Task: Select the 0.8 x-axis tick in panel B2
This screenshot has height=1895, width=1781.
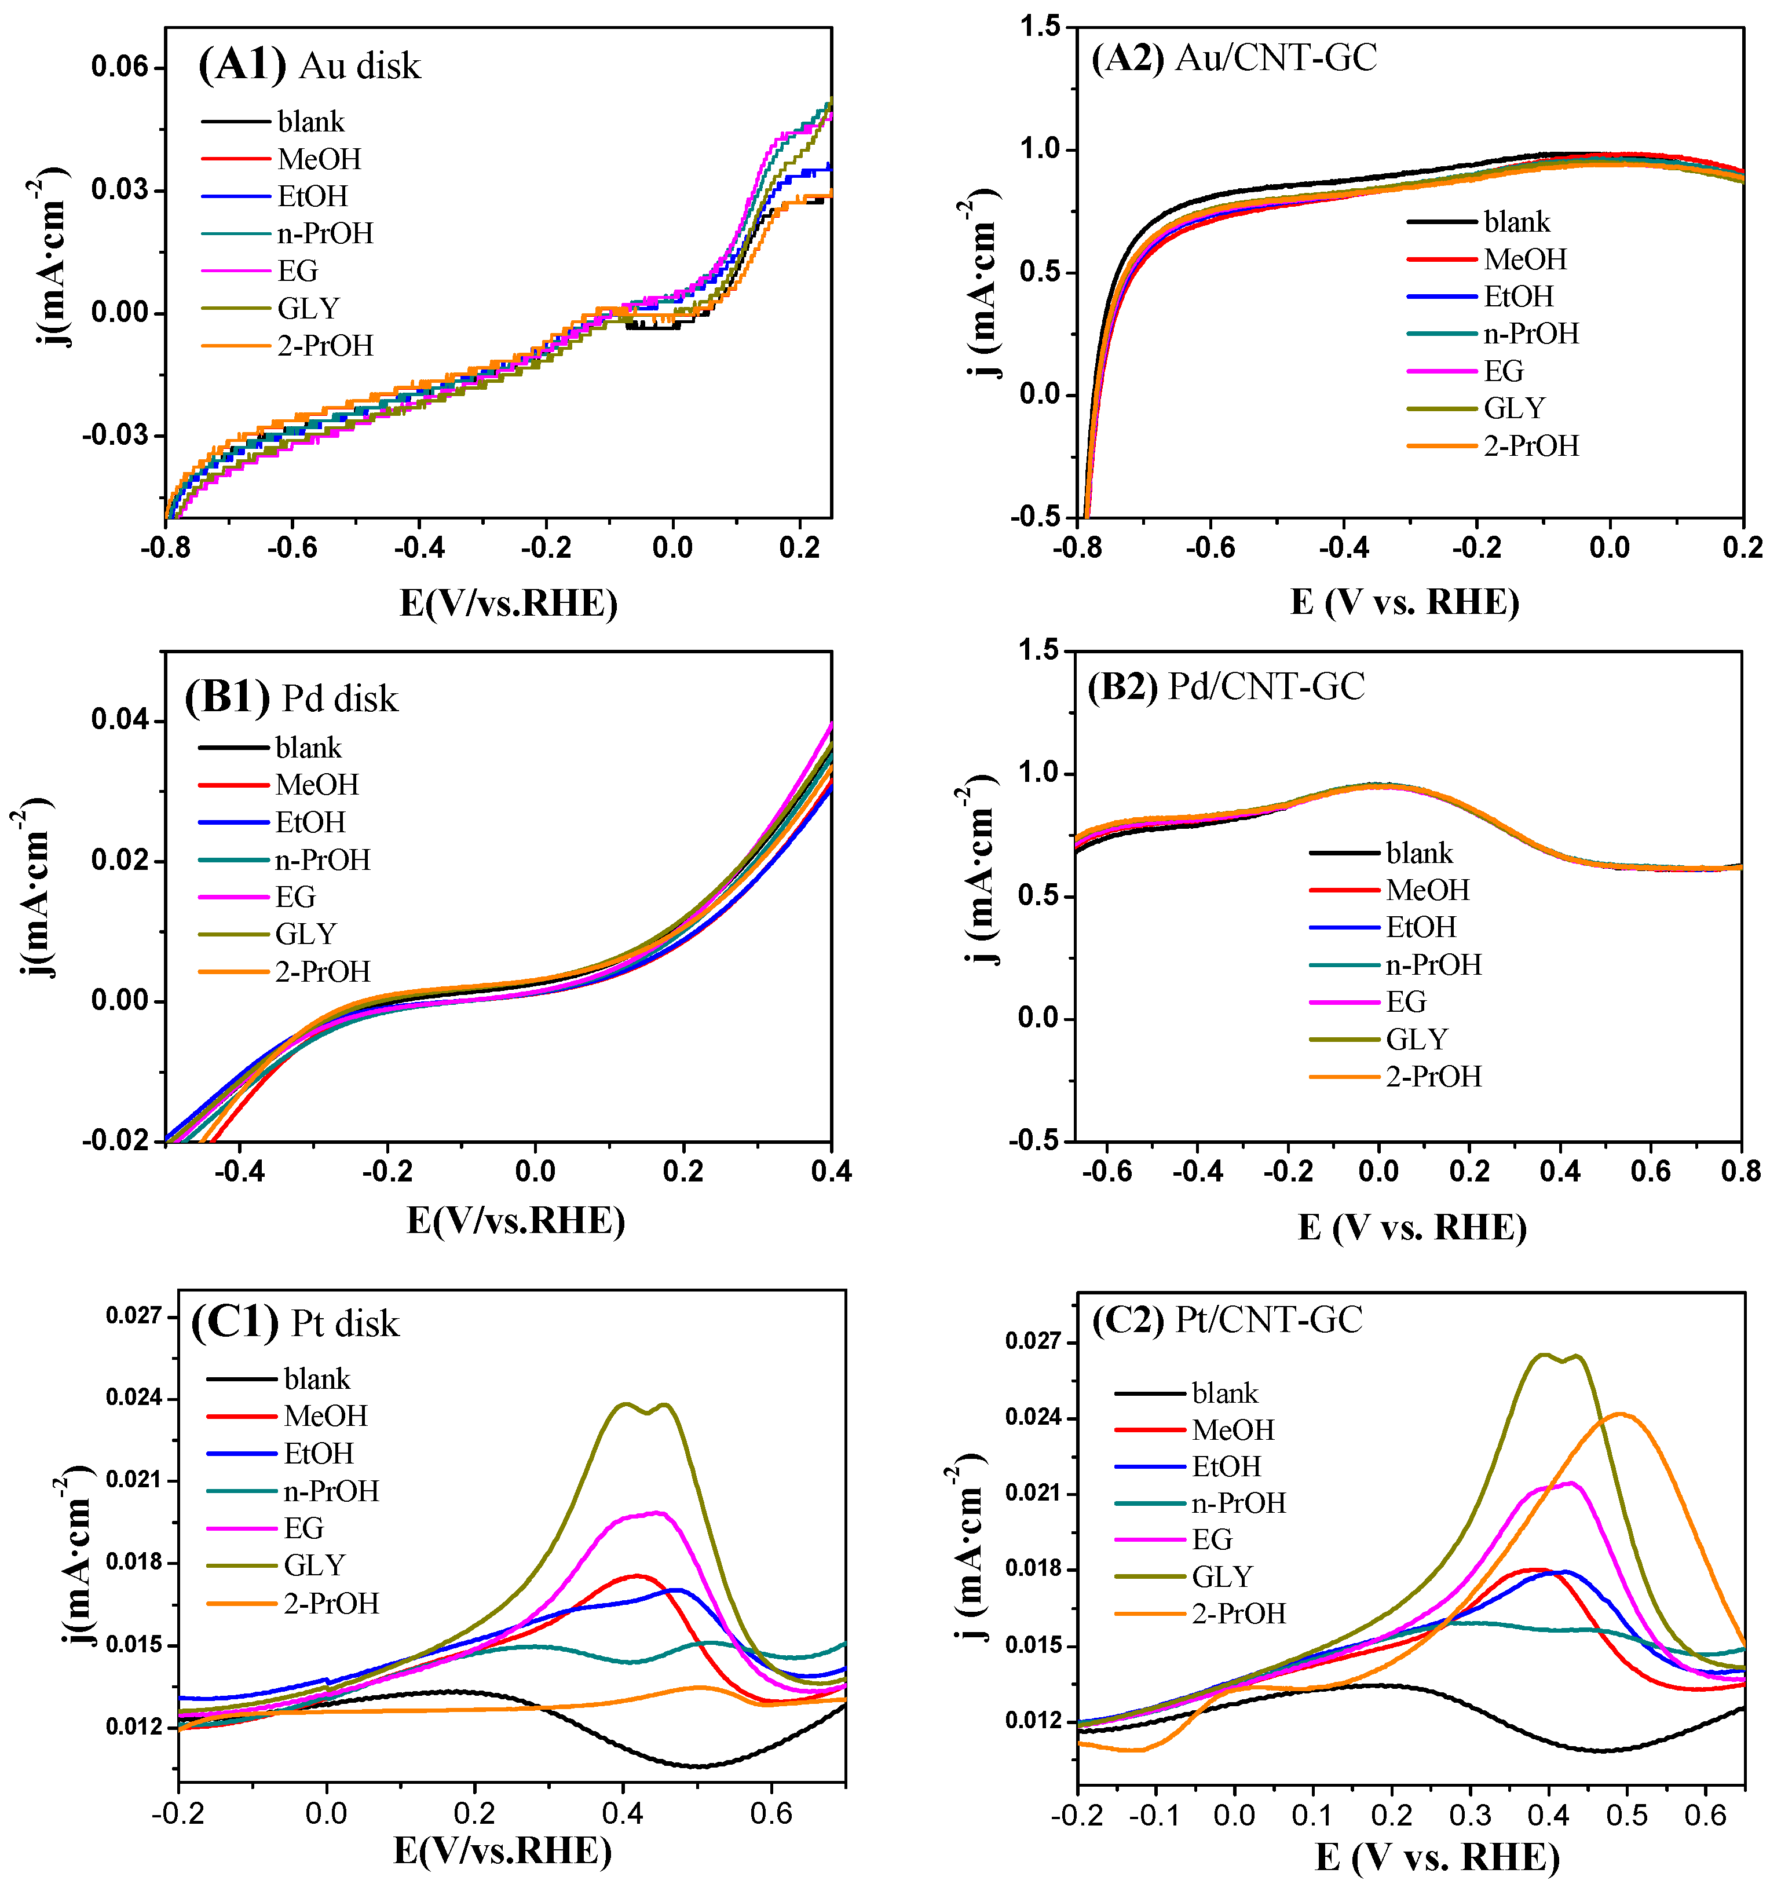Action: coord(1740,1172)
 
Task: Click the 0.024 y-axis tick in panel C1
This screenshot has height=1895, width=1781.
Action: coord(133,1398)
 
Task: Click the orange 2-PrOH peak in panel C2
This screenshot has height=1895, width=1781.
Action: coord(1620,1414)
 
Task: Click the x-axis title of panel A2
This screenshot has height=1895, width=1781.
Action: coord(1405,602)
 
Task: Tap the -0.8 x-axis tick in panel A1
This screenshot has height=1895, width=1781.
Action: coord(165,547)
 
